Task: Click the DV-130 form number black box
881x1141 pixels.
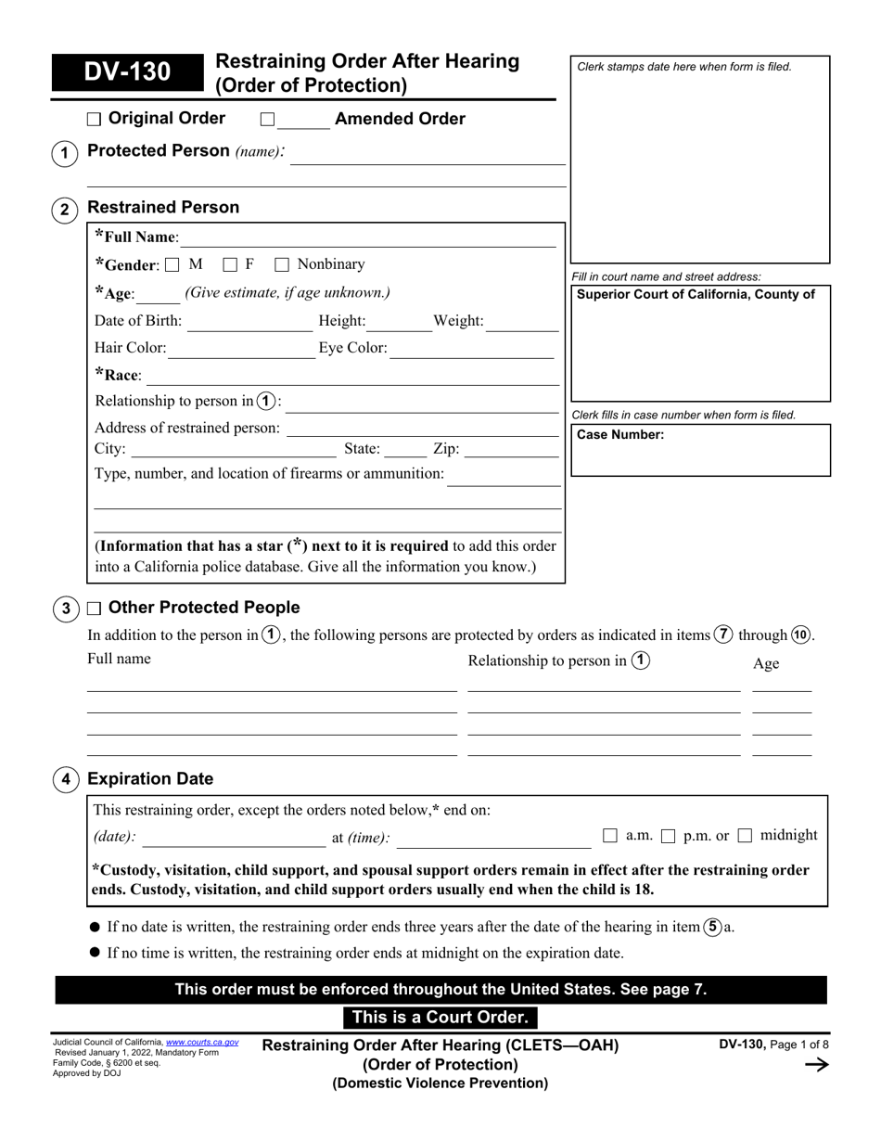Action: [x=128, y=71]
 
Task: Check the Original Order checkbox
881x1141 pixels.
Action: [x=94, y=119]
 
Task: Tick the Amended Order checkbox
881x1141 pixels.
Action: [x=267, y=119]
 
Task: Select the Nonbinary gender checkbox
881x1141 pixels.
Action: [x=282, y=265]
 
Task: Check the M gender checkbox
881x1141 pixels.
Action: [x=172, y=265]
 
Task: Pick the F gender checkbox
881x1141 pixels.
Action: [x=230, y=265]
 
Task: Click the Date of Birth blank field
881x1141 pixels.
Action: [x=249, y=323]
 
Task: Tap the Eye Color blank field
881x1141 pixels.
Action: [x=473, y=350]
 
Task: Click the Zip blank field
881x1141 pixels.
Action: [x=510, y=450]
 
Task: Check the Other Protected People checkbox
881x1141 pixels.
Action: [x=94, y=609]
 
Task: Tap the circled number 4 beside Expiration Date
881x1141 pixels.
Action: [x=64, y=779]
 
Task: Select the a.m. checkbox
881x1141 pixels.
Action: [x=609, y=836]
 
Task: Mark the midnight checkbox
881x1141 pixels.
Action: [x=745, y=836]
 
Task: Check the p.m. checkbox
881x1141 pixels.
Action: [x=668, y=836]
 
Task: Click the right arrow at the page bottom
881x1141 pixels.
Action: [x=815, y=1065]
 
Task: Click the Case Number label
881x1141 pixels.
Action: [x=619, y=434]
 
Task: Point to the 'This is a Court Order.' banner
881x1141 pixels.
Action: [x=440, y=1018]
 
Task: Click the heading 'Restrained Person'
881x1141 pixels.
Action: [x=162, y=208]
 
